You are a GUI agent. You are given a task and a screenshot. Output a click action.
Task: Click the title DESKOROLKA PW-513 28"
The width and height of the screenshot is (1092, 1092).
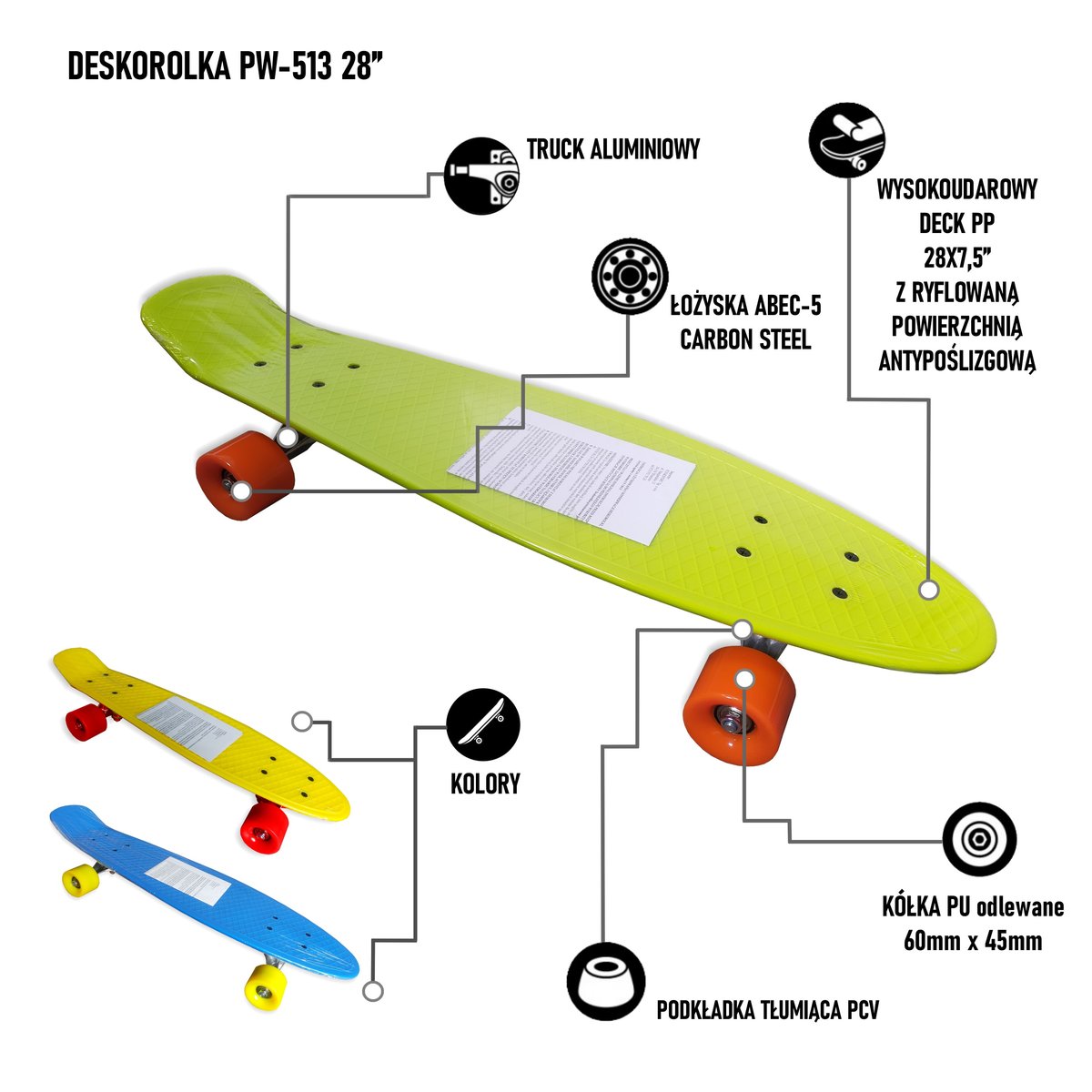point(220,67)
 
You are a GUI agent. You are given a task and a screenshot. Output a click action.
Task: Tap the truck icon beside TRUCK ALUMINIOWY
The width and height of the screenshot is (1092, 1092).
point(481,176)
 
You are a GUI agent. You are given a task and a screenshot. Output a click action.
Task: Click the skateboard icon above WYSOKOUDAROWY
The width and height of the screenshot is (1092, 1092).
point(847,139)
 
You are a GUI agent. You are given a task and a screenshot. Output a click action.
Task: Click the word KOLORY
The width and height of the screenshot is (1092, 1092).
point(485,784)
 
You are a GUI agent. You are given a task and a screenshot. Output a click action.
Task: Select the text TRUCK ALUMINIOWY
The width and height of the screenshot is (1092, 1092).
point(613,149)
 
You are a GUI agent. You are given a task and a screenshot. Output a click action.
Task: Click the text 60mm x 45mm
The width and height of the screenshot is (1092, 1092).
point(973,940)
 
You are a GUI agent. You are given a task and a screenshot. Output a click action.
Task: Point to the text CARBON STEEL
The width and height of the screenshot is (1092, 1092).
point(745,339)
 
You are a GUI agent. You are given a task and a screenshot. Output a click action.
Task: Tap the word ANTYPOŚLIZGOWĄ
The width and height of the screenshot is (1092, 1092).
point(957,360)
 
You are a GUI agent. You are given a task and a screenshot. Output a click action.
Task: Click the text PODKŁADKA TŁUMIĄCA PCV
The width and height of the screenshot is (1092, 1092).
point(768,1010)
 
